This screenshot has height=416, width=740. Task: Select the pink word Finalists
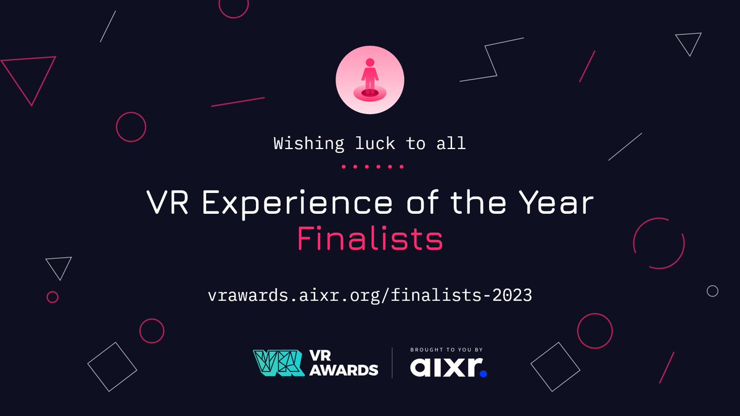tap(370, 239)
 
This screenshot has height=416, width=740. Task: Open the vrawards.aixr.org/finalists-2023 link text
tap(370, 295)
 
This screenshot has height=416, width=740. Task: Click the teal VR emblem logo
tap(279, 363)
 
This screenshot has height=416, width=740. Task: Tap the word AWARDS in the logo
tap(343, 370)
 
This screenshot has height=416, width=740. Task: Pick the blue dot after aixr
tap(483, 373)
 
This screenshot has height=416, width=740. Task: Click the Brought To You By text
tap(447, 350)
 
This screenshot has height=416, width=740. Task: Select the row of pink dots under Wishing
tap(372, 166)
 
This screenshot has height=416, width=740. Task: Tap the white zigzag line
tap(492, 59)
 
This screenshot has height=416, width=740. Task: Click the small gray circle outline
tap(712, 291)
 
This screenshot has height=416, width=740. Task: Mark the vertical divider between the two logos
tap(392, 362)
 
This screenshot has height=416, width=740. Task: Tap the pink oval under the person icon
tap(370, 94)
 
